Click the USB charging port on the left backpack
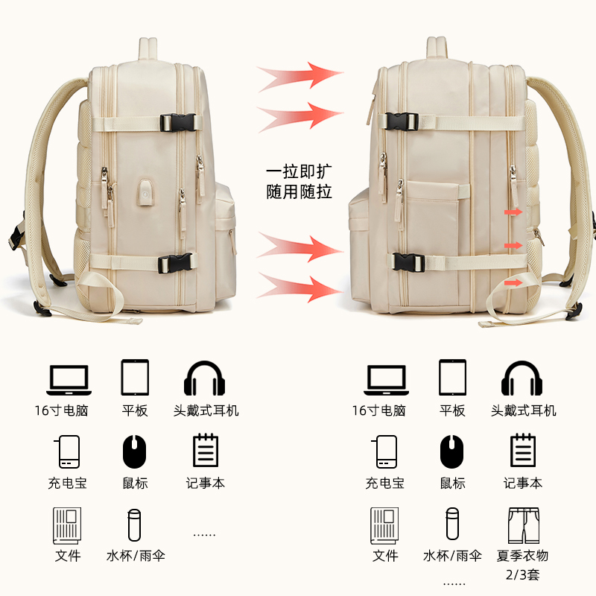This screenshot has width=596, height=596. (x=144, y=189)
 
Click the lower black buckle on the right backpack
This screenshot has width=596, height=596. (x=407, y=263)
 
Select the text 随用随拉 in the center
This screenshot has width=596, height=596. (x=299, y=191)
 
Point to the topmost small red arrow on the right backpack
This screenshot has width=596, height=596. (x=513, y=213)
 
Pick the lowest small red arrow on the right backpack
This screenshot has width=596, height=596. (x=513, y=282)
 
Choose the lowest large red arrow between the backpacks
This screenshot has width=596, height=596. (x=300, y=288)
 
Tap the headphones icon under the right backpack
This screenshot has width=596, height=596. (x=523, y=378)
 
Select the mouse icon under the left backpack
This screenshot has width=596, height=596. (x=135, y=451)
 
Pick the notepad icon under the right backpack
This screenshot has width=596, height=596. (x=522, y=451)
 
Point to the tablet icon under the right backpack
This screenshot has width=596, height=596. (x=452, y=378)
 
